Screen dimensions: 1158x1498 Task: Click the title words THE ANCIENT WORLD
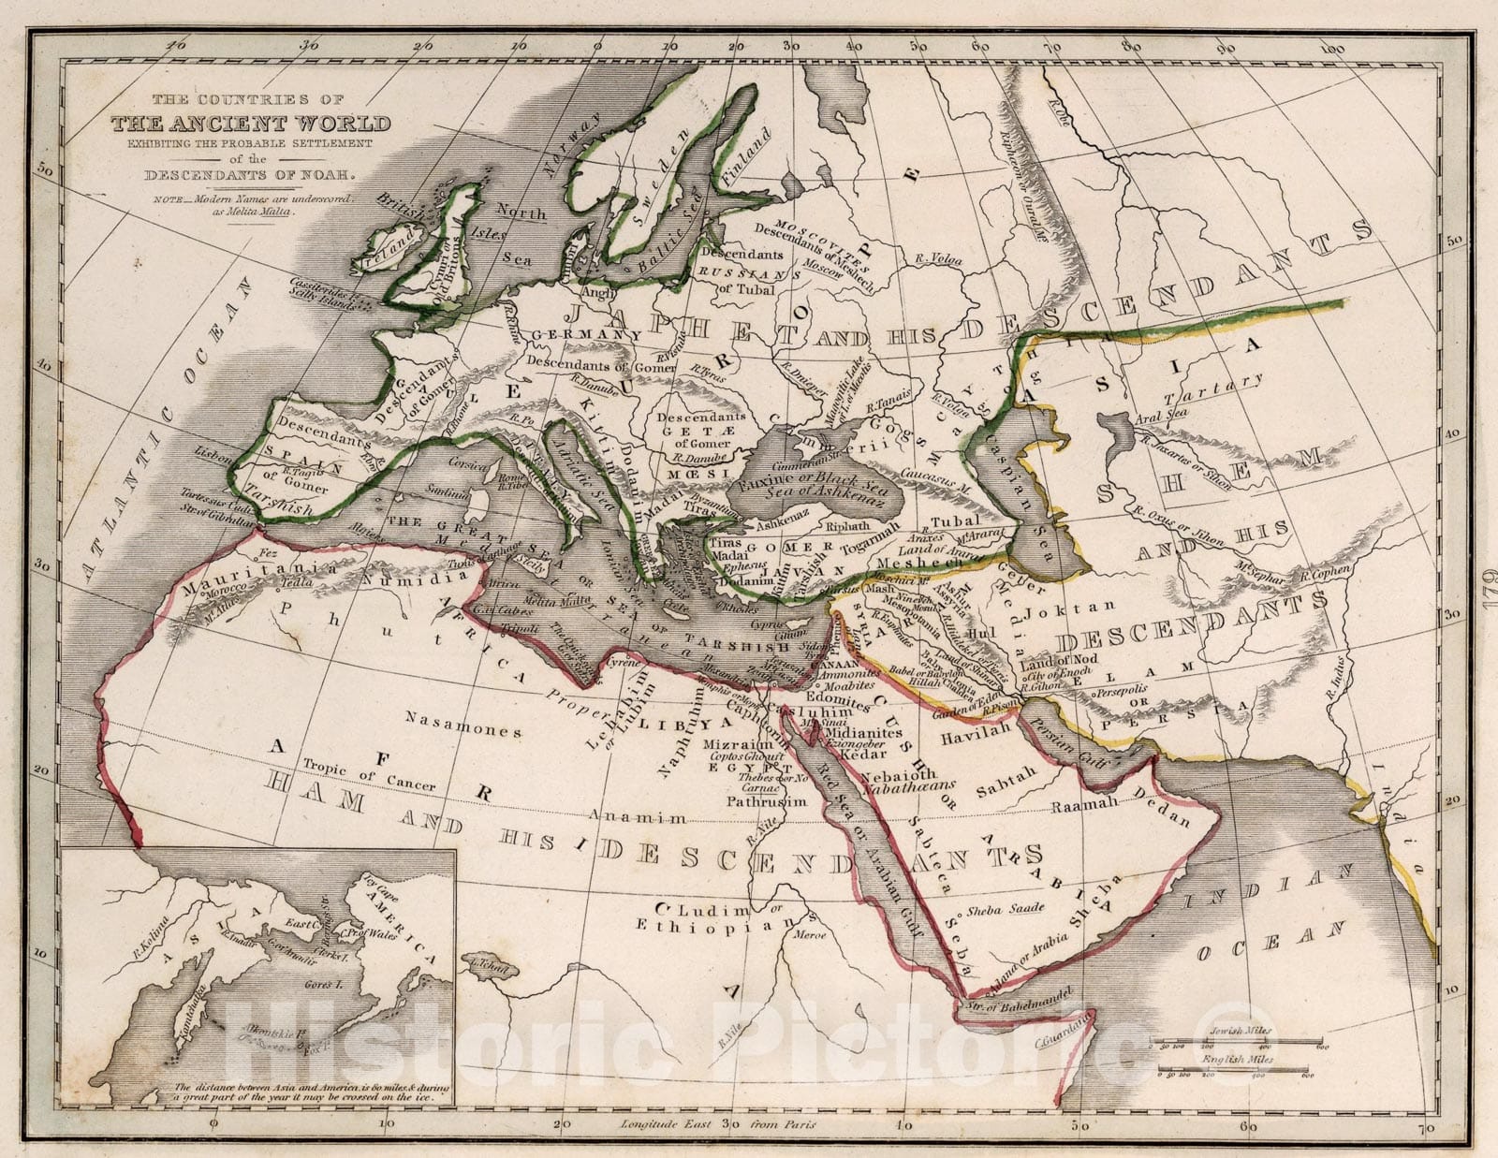click(x=252, y=124)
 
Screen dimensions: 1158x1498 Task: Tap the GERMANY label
click(x=570, y=335)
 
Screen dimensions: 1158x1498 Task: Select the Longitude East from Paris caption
click(x=716, y=1123)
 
